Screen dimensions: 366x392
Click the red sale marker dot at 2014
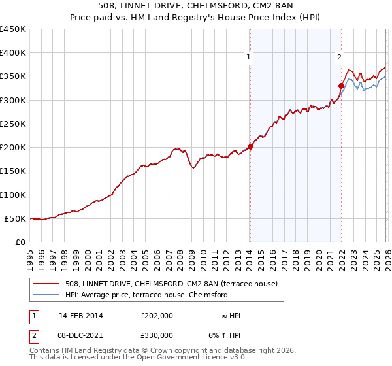(250, 146)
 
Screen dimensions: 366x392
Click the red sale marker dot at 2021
(341, 86)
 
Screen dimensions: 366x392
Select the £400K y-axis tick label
(13, 53)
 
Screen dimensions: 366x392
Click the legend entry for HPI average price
(146, 295)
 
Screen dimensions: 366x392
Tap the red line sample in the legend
(46, 284)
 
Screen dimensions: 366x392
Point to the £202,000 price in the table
(156, 316)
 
